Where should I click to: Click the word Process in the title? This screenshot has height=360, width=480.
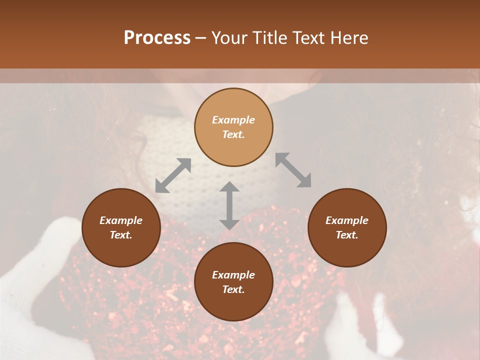(157, 38)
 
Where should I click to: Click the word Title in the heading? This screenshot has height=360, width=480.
(270, 38)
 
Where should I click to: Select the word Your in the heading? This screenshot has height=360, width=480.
(230, 38)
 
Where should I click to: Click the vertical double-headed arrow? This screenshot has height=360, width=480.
(229, 205)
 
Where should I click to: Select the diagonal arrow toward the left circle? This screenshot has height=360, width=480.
(173, 175)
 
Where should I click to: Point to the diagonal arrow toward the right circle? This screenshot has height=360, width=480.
(293, 170)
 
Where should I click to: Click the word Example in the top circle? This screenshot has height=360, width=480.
(233, 120)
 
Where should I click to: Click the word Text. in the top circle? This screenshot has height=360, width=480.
(233, 134)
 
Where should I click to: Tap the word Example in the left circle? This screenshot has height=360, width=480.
(121, 220)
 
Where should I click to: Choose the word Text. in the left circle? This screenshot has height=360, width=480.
(121, 235)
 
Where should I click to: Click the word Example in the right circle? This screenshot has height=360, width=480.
(347, 220)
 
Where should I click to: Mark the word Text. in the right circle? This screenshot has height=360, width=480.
(347, 235)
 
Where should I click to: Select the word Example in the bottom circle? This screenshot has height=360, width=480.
(233, 275)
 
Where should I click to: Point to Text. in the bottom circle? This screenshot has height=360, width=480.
(233, 289)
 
